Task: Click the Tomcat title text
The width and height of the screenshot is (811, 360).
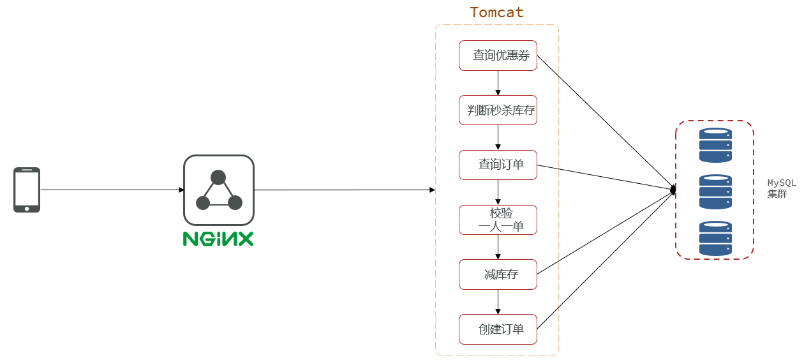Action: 496,12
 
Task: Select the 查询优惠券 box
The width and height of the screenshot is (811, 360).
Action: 498,56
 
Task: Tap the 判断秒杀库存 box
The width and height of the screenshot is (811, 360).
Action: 498,110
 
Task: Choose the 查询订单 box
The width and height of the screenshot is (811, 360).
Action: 498,165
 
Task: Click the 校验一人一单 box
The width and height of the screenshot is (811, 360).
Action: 498,220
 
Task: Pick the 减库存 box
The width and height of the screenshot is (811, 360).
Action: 498,274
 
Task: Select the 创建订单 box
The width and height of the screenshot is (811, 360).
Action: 498,329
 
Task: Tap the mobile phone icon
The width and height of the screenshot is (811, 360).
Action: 27,190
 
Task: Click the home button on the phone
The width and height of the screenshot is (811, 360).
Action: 27,208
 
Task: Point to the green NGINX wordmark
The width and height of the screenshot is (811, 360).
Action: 218,239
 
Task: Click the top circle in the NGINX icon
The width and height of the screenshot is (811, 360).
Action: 218,177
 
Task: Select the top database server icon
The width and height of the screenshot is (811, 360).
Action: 715,145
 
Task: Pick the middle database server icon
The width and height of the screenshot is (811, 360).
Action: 715,191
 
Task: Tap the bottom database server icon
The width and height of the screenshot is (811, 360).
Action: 715,238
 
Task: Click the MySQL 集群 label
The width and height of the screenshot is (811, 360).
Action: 781,188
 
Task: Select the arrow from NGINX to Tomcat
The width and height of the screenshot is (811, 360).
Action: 345,190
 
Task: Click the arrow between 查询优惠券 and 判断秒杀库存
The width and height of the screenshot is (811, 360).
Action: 498,83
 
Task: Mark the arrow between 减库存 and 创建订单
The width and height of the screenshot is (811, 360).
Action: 498,302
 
